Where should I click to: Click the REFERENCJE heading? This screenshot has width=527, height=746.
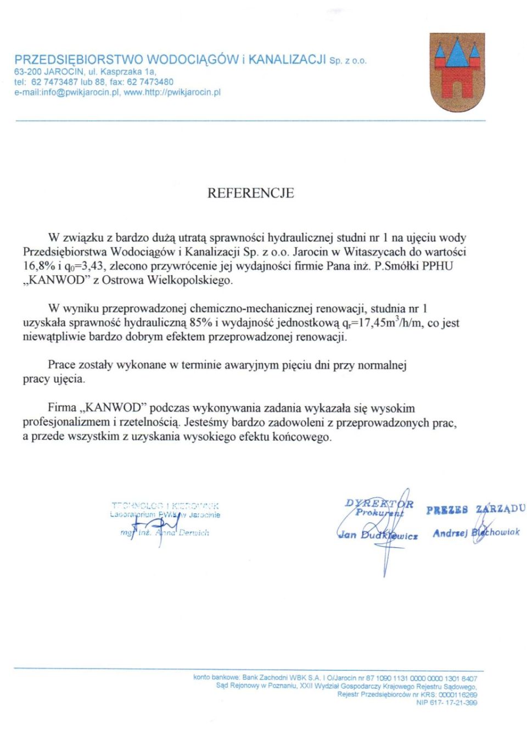(x=250, y=193)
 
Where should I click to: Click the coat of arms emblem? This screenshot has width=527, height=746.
(x=457, y=73)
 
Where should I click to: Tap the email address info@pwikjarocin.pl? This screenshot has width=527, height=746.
(x=80, y=92)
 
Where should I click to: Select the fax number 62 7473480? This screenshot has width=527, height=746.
(x=150, y=82)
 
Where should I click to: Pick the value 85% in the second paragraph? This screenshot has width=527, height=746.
(x=201, y=322)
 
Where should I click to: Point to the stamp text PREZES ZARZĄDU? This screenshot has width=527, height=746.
(x=475, y=509)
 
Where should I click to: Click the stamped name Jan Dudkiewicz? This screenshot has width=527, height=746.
(x=378, y=535)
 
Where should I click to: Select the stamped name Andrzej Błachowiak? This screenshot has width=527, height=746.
(x=476, y=532)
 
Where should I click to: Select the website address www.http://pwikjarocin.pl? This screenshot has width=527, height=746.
(x=172, y=92)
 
